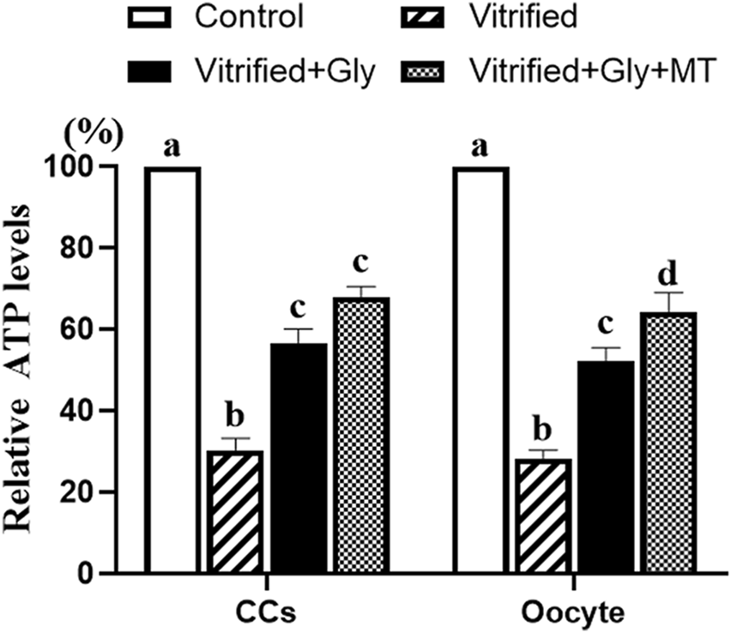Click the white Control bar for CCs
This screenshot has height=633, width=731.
tap(172, 370)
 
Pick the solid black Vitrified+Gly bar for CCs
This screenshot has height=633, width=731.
tap(299, 458)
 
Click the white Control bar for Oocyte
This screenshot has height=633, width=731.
tap(481, 370)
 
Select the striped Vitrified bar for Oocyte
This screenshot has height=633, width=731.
tap(543, 515)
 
